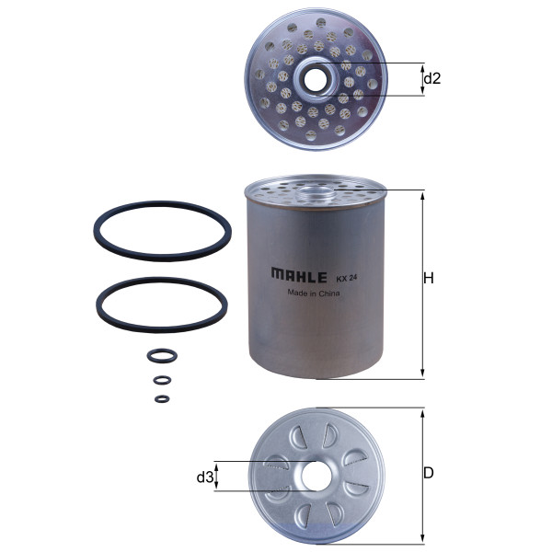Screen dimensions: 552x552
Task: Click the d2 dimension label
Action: pyautogui.click(x=432, y=78)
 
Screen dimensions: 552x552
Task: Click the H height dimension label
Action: pyautogui.click(x=429, y=278)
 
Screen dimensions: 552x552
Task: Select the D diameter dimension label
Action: pyautogui.click(x=429, y=473)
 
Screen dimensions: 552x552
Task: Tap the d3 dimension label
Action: pyautogui.click(x=205, y=477)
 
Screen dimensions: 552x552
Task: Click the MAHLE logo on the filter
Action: pyautogui.click(x=299, y=274)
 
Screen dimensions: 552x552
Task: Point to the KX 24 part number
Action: pyautogui.click(x=347, y=278)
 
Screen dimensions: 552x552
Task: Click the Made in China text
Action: pyautogui.click(x=314, y=293)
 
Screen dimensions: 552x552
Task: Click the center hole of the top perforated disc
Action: pyautogui.click(x=315, y=80)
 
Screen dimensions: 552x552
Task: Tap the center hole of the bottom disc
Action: pyautogui.click(x=315, y=477)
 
